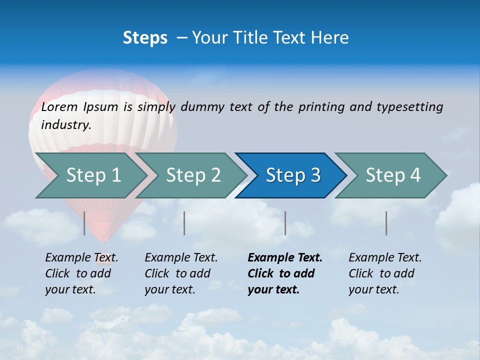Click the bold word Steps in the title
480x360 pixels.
tap(145, 38)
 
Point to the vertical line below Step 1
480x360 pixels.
tap(84, 223)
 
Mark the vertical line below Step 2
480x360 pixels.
tap(184, 223)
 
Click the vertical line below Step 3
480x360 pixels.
tap(285, 223)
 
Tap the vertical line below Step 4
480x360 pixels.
tap(386, 223)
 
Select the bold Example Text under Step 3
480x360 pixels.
tap(285, 258)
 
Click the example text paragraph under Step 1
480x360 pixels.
tap(81, 273)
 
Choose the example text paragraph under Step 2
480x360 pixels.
tap(181, 273)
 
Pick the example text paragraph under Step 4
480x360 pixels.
tap(385, 273)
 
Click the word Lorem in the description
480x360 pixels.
tap(59, 107)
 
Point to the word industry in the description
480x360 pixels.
tap(65, 125)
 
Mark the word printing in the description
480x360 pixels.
tap(321, 107)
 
